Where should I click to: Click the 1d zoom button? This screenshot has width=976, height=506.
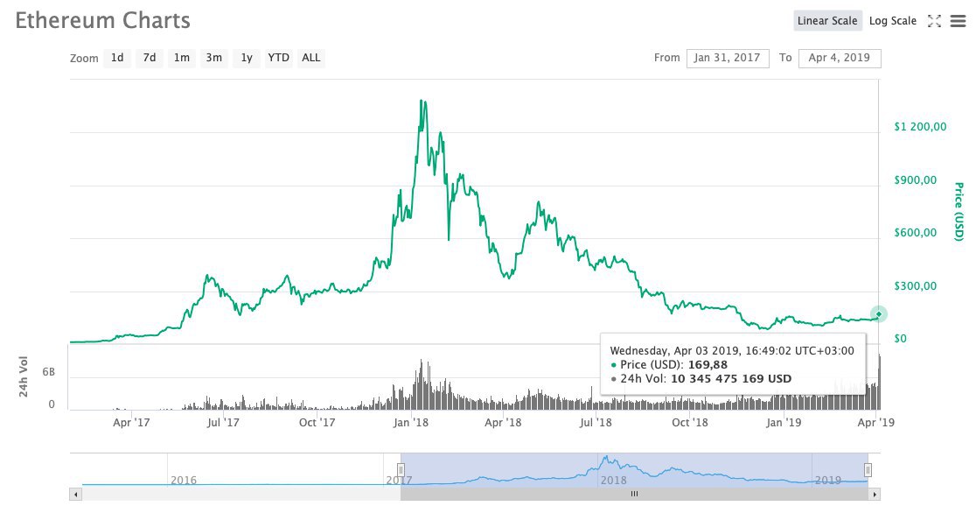point(117,58)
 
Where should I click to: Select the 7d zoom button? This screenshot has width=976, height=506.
point(150,58)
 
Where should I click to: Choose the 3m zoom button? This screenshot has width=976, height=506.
point(213,58)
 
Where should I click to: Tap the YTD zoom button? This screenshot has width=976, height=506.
point(278,58)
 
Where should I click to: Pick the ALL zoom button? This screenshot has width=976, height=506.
point(311,58)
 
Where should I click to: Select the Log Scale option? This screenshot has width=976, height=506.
point(893,21)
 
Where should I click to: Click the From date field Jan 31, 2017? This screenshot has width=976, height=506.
point(728,58)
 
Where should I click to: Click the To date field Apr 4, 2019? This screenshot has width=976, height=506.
point(840,58)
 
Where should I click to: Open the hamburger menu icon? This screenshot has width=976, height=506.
point(958,21)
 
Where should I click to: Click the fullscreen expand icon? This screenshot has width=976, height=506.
point(934,21)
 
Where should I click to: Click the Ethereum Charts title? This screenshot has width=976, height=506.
point(102,20)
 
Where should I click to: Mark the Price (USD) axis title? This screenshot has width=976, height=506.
point(959,212)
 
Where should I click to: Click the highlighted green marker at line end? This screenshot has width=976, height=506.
point(879,314)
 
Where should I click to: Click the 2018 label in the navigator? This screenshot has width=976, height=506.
point(613,480)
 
